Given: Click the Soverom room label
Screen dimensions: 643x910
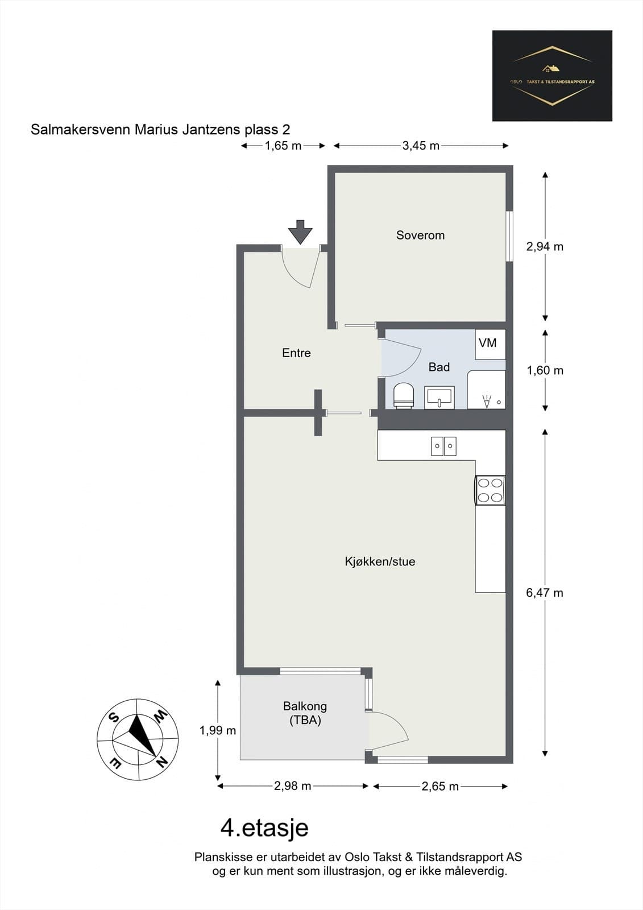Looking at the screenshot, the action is click(420, 235).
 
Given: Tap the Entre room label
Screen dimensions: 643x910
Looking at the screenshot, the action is click(297, 353).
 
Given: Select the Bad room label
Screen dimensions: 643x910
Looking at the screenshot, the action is click(439, 367).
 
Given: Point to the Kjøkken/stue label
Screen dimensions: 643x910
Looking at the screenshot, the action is click(380, 561).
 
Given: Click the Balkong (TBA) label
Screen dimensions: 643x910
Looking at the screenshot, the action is click(305, 713).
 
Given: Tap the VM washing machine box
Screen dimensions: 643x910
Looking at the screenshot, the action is click(490, 344).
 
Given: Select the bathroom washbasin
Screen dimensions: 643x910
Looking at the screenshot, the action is click(439, 397).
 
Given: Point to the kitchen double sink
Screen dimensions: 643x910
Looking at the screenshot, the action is click(443, 446).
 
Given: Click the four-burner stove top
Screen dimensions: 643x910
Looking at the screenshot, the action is click(490, 490).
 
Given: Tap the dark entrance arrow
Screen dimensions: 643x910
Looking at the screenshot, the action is click(300, 232).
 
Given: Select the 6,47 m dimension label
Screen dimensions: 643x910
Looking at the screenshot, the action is click(545, 593).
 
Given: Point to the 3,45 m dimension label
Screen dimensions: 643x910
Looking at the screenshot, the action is click(421, 146).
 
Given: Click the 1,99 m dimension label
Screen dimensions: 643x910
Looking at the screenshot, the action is click(218, 730).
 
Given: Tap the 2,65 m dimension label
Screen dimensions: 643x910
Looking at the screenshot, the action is click(440, 787).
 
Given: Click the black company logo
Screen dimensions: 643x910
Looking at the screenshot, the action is click(552, 76).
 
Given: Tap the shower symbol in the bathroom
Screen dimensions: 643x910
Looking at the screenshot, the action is click(487, 401).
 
